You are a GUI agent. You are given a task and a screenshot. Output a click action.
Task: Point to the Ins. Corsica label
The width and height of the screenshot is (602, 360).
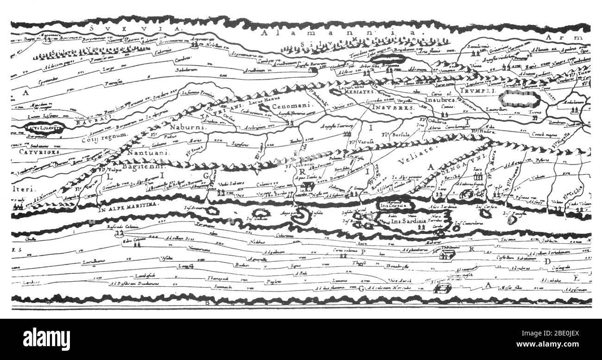[393, 205]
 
